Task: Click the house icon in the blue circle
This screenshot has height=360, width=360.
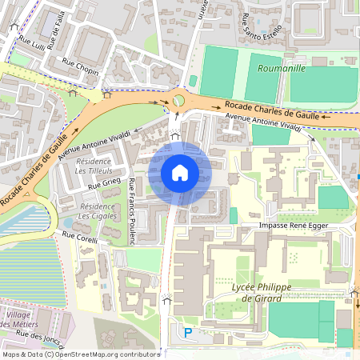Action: (180, 172)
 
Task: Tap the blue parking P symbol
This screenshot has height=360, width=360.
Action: (189, 332)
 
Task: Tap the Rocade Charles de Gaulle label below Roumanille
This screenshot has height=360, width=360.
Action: (272, 109)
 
